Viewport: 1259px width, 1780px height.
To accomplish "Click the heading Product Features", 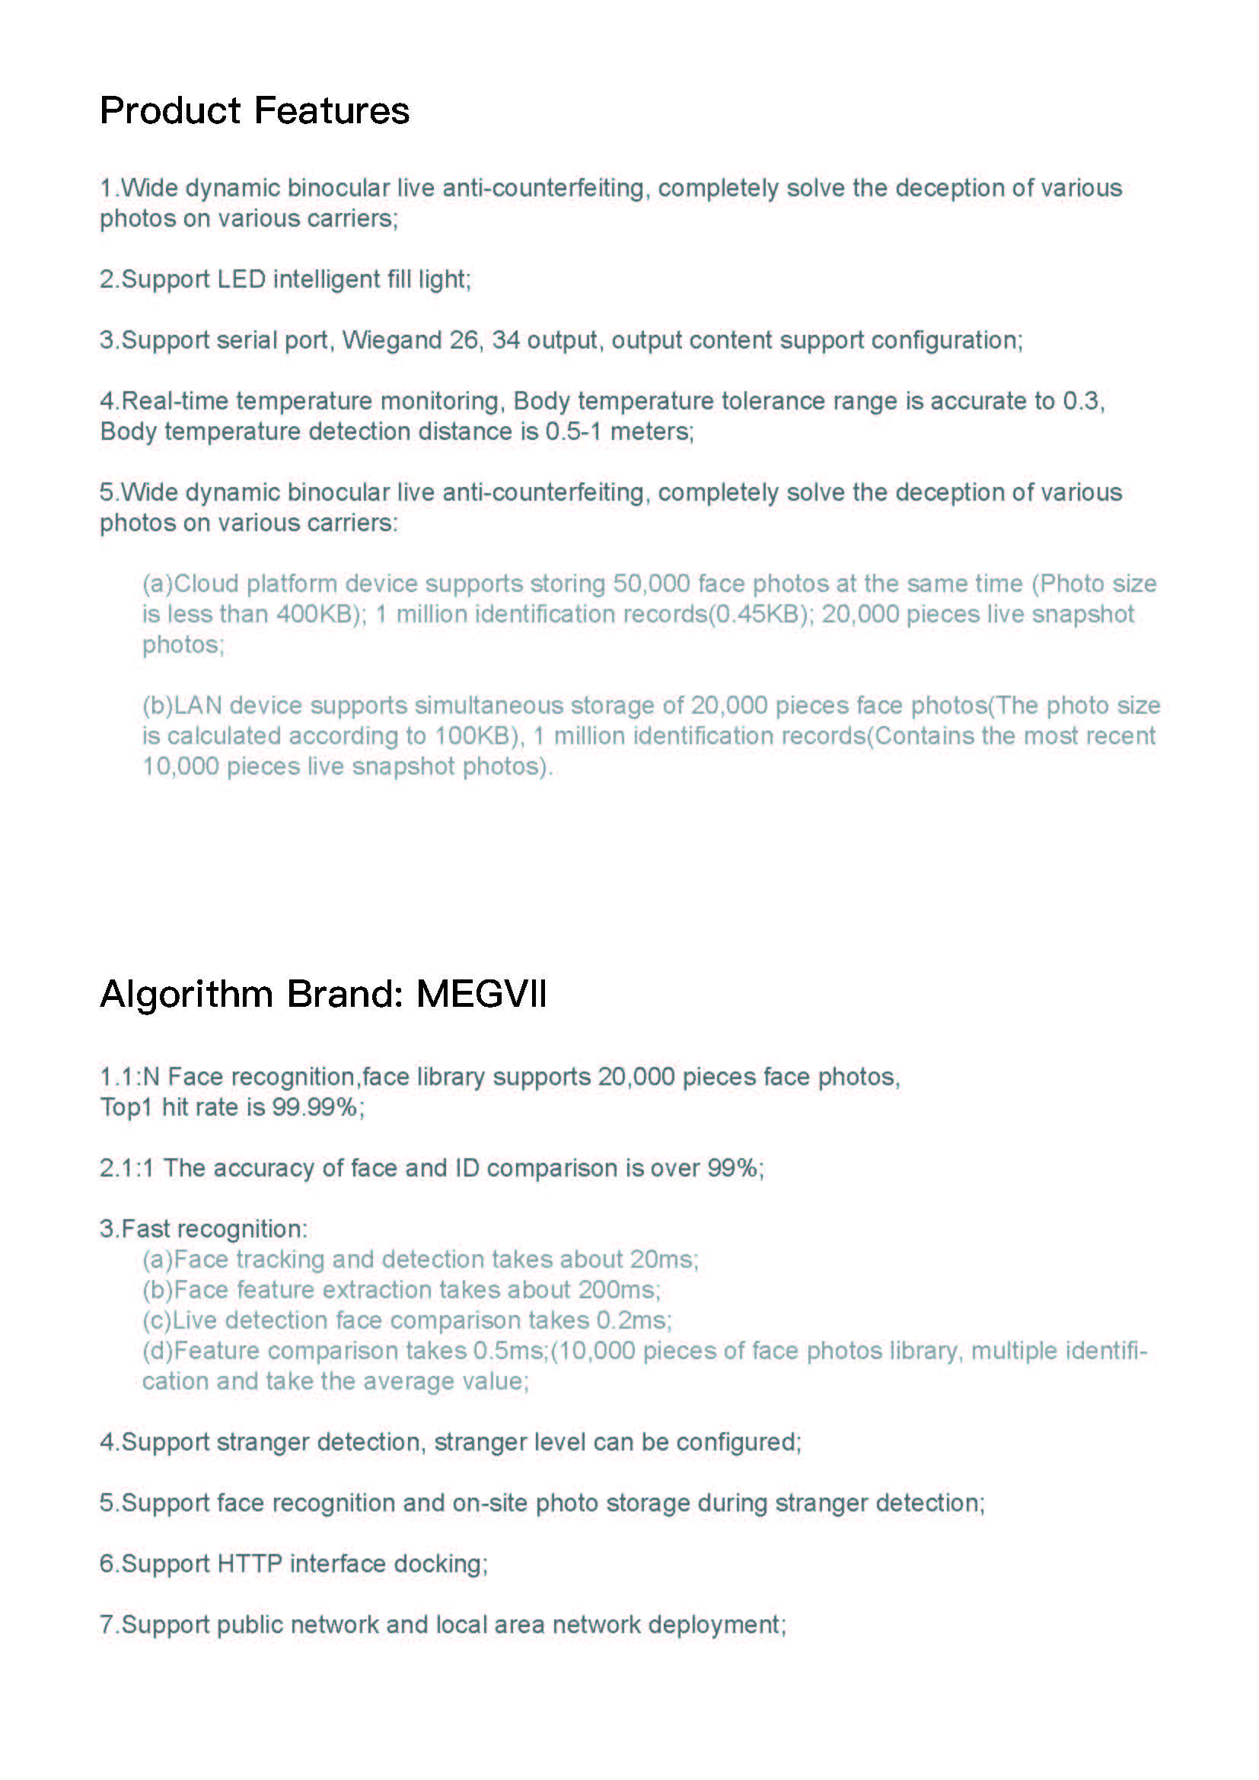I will (x=254, y=110).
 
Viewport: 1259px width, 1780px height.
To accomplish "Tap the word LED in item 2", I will (x=241, y=279).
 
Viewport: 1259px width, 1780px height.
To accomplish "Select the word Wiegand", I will (x=391, y=339).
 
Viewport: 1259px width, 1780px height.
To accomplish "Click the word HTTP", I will (x=250, y=1564).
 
